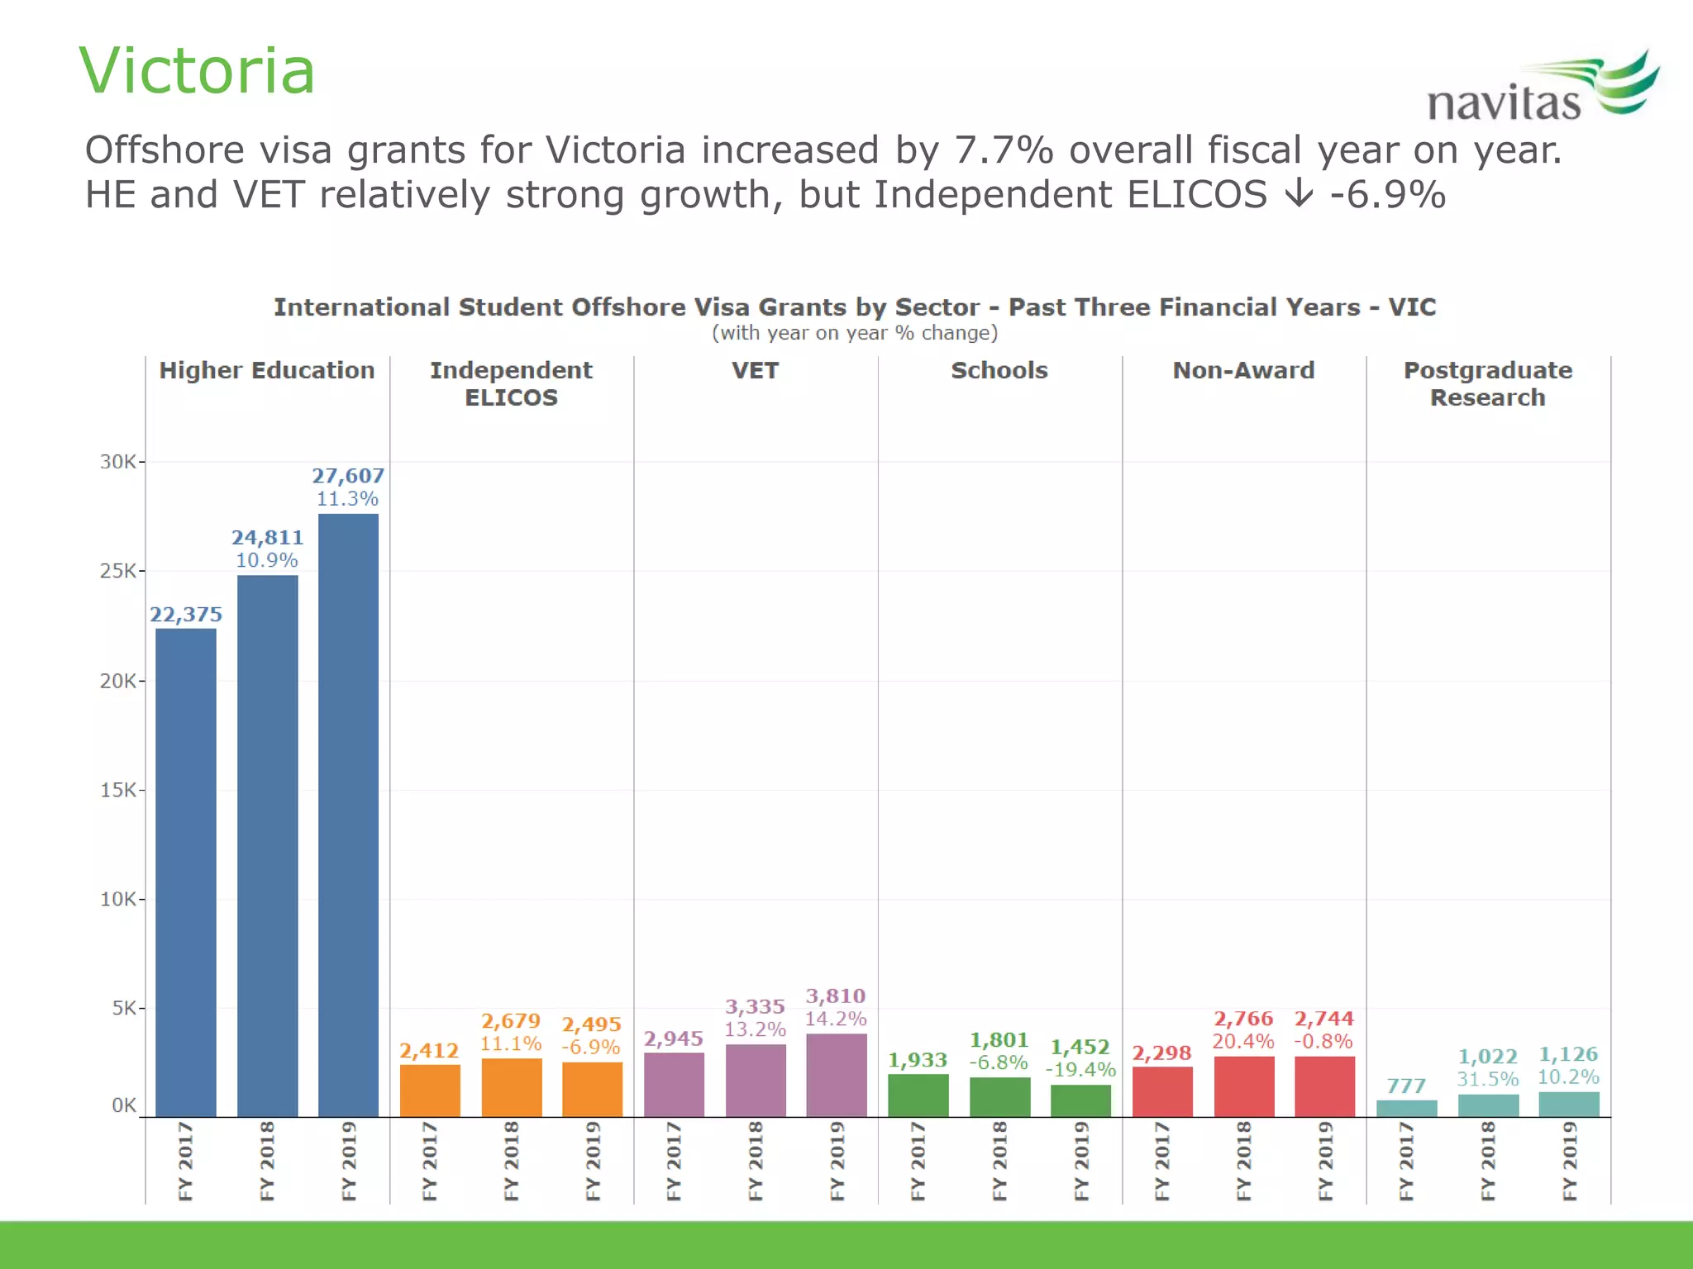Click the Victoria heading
[x=197, y=71]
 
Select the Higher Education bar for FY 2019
[x=348, y=814]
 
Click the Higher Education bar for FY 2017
[x=186, y=872]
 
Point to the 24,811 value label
[x=267, y=538]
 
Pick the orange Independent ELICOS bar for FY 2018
[x=511, y=1087]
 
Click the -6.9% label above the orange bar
[x=591, y=1048]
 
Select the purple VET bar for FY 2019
[x=836, y=1075]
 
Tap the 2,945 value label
[x=673, y=1039]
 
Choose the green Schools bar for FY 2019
[x=1080, y=1100]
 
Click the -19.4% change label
[x=1080, y=1070]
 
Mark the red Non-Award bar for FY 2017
[x=1161, y=1091]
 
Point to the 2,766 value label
[x=1242, y=1019]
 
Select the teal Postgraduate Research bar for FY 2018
[x=1487, y=1105]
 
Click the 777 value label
[x=1406, y=1086]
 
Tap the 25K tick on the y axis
[x=118, y=571]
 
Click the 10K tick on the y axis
[x=118, y=899]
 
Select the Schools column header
[x=999, y=370]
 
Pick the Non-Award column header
[x=1243, y=370]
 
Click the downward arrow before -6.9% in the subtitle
[x=1299, y=194]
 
